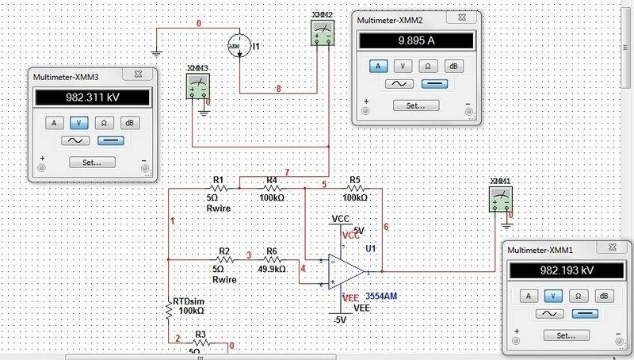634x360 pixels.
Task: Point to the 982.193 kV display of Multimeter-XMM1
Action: coord(563,270)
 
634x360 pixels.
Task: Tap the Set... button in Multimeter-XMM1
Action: coord(563,335)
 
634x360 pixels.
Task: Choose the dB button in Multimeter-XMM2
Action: coord(453,66)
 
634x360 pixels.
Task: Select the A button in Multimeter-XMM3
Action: coord(54,123)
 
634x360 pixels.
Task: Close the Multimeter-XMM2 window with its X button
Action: coord(467,19)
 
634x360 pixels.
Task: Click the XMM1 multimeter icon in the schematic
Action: coord(501,199)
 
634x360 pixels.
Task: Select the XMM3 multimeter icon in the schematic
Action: coord(197,87)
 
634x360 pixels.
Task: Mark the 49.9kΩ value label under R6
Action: coord(271,270)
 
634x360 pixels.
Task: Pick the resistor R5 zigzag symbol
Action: coord(354,189)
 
